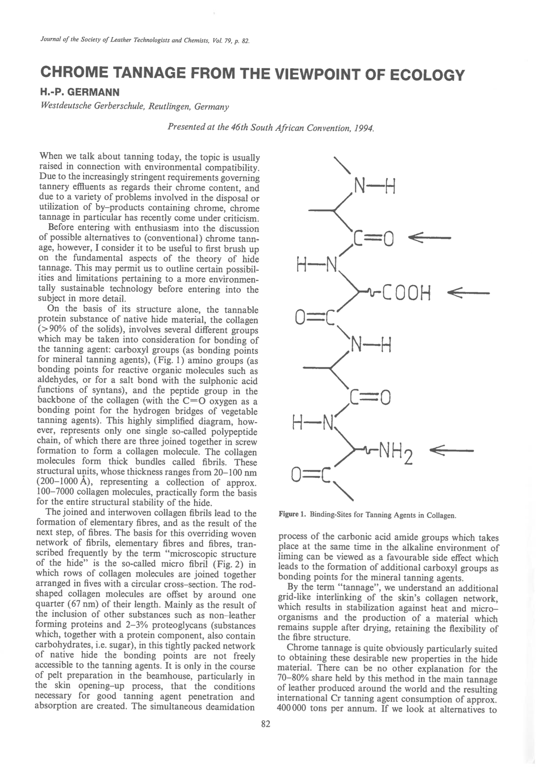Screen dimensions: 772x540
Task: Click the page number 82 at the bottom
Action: [x=266, y=725]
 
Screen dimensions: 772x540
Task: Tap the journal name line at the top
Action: [x=145, y=41]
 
